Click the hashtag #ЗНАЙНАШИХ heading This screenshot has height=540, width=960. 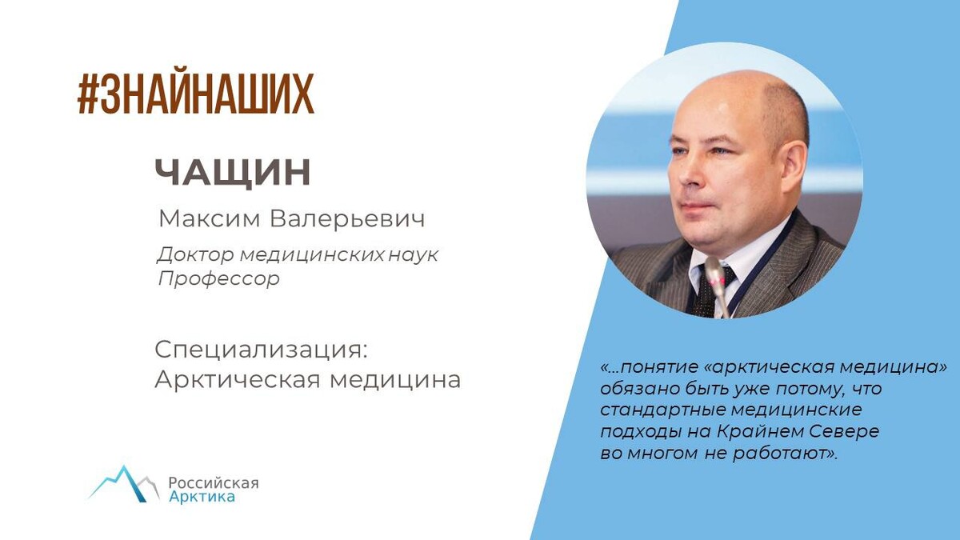coord(195,94)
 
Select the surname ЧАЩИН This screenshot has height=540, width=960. coord(232,174)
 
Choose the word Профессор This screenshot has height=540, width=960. coord(218,279)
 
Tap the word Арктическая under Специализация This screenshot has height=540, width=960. coord(238,380)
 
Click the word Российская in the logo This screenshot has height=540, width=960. coord(213,483)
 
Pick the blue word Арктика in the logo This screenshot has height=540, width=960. coord(202,498)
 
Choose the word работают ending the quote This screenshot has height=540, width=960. coord(779,453)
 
